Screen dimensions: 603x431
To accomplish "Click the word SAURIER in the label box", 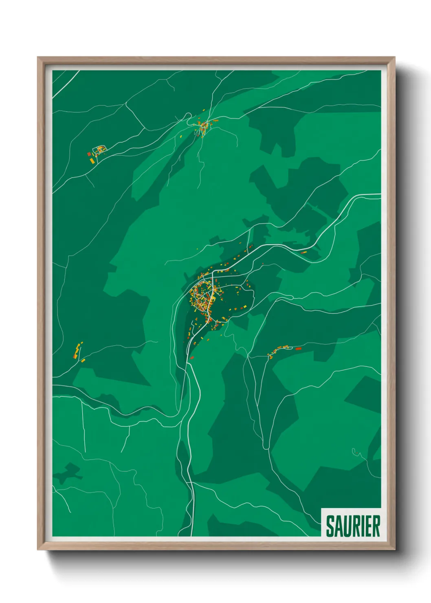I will (353, 526).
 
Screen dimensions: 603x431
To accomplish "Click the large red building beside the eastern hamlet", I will (298, 349).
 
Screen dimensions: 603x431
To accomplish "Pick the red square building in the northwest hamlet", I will (89, 154).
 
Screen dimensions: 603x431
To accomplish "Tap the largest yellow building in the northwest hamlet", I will (92, 161).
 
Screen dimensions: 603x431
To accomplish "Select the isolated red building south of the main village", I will (192, 358).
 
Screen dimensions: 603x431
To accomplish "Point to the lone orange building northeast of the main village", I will (303, 253).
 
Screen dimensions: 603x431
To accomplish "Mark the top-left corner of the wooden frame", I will (38, 57).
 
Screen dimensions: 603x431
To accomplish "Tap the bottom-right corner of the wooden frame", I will (394, 549).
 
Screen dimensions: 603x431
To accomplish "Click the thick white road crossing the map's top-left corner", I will (65, 85).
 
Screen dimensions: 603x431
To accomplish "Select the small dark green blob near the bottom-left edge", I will (67, 473).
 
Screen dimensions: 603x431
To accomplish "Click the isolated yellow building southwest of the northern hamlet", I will (181, 137).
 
